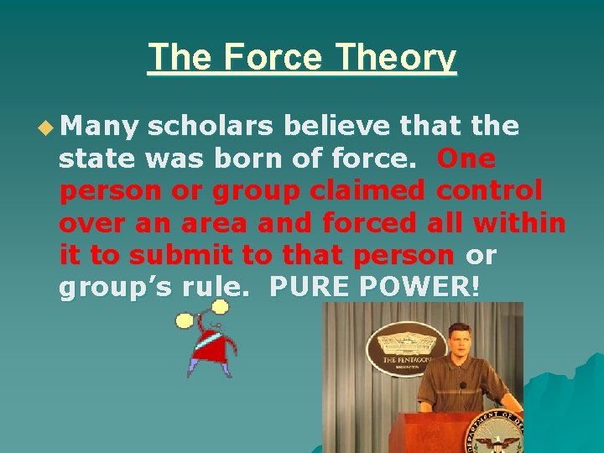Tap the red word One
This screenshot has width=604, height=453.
coord(466,159)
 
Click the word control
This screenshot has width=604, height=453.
coord(489,190)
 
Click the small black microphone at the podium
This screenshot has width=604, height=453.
coord(462,386)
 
